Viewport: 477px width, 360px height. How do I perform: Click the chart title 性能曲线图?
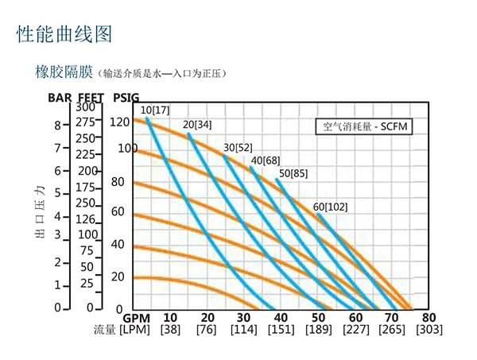tap(64, 33)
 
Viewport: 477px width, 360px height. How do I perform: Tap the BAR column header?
tap(60, 98)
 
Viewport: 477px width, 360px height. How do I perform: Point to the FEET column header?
tap(91, 98)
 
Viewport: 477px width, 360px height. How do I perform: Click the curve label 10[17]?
tap(155, 110)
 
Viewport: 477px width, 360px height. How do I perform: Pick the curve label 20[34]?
tap(198, 125)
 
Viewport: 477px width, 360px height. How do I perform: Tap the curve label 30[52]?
tap(238, 148)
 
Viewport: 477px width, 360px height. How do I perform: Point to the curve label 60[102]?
tap(331, 207)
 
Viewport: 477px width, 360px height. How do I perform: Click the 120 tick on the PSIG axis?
tap(119, 122)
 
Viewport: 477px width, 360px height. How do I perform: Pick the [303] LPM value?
tap(429, 330)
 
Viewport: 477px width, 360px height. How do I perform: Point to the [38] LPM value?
tap(170, 330)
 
